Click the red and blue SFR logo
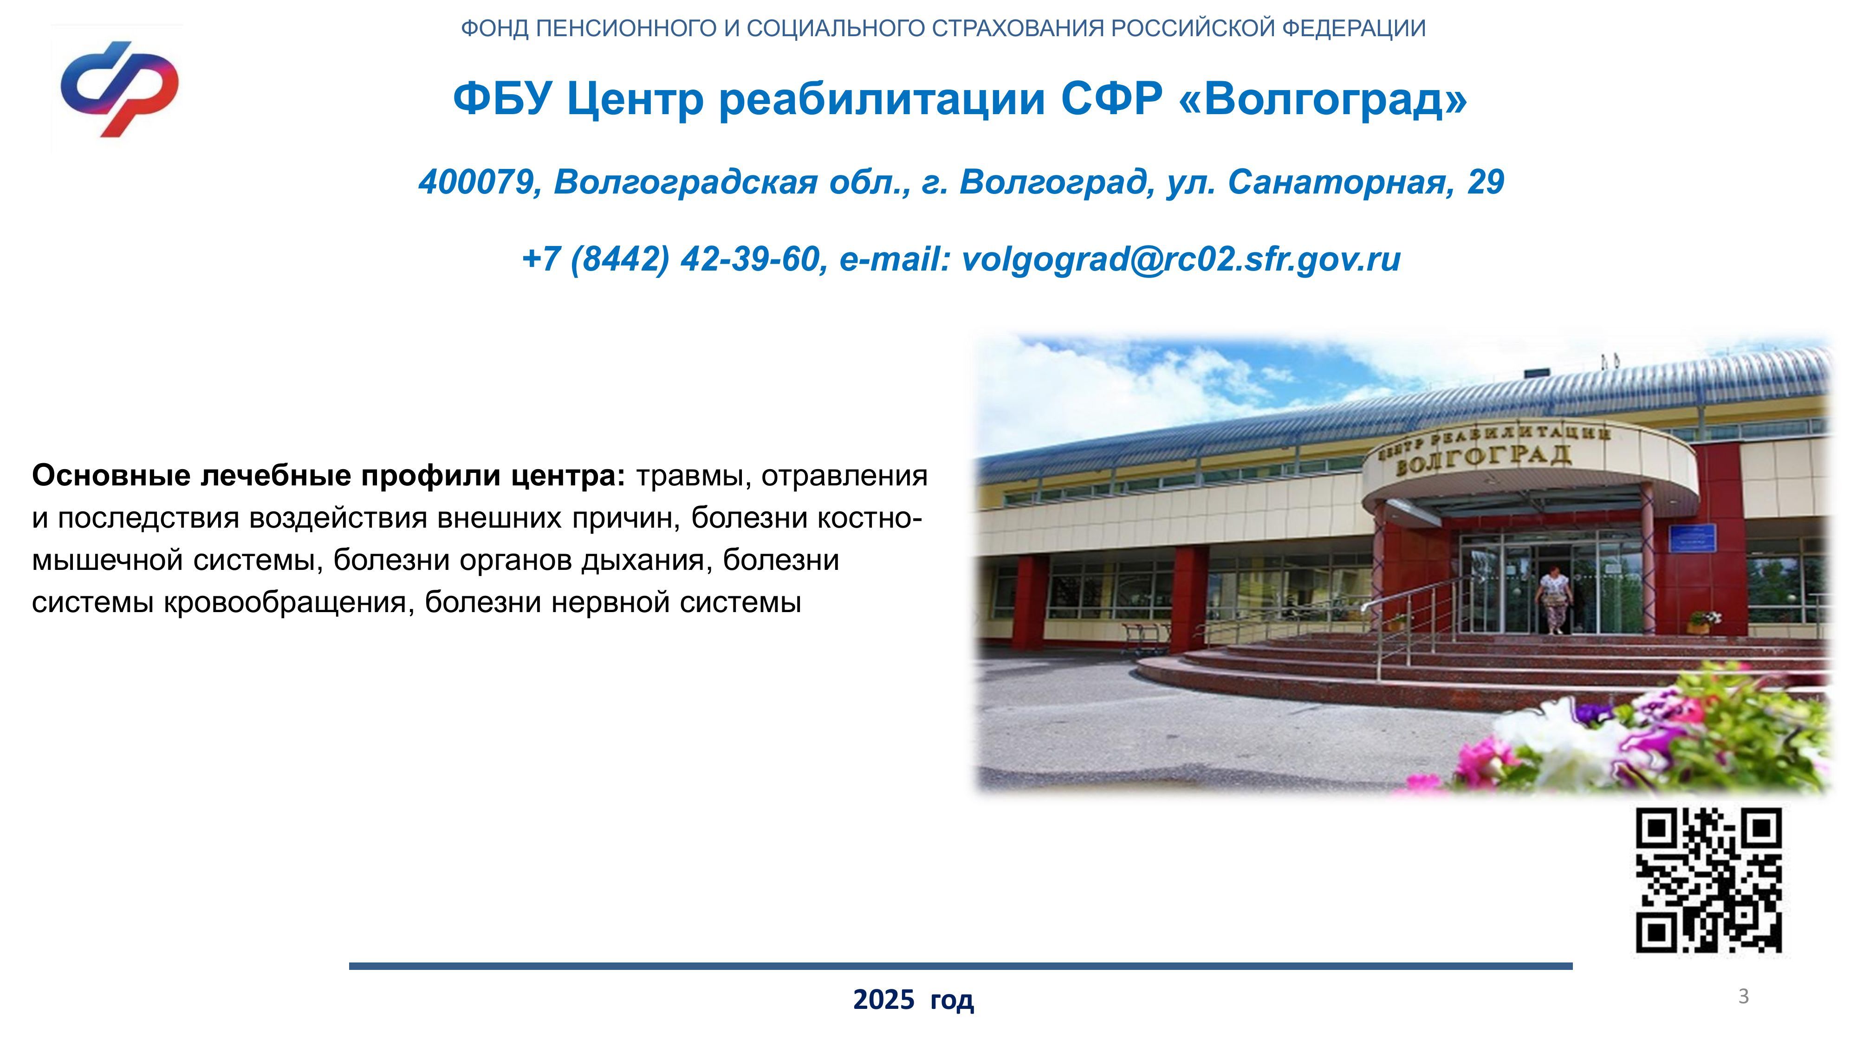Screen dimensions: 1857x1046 [x=120, y=89]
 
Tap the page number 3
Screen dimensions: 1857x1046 [x=1744, y=996]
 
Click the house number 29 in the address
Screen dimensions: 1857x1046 [x=1486, y=182]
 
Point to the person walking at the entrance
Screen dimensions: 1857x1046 [x=1553, y=600]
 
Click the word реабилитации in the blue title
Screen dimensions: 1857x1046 [x=882, y=99]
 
